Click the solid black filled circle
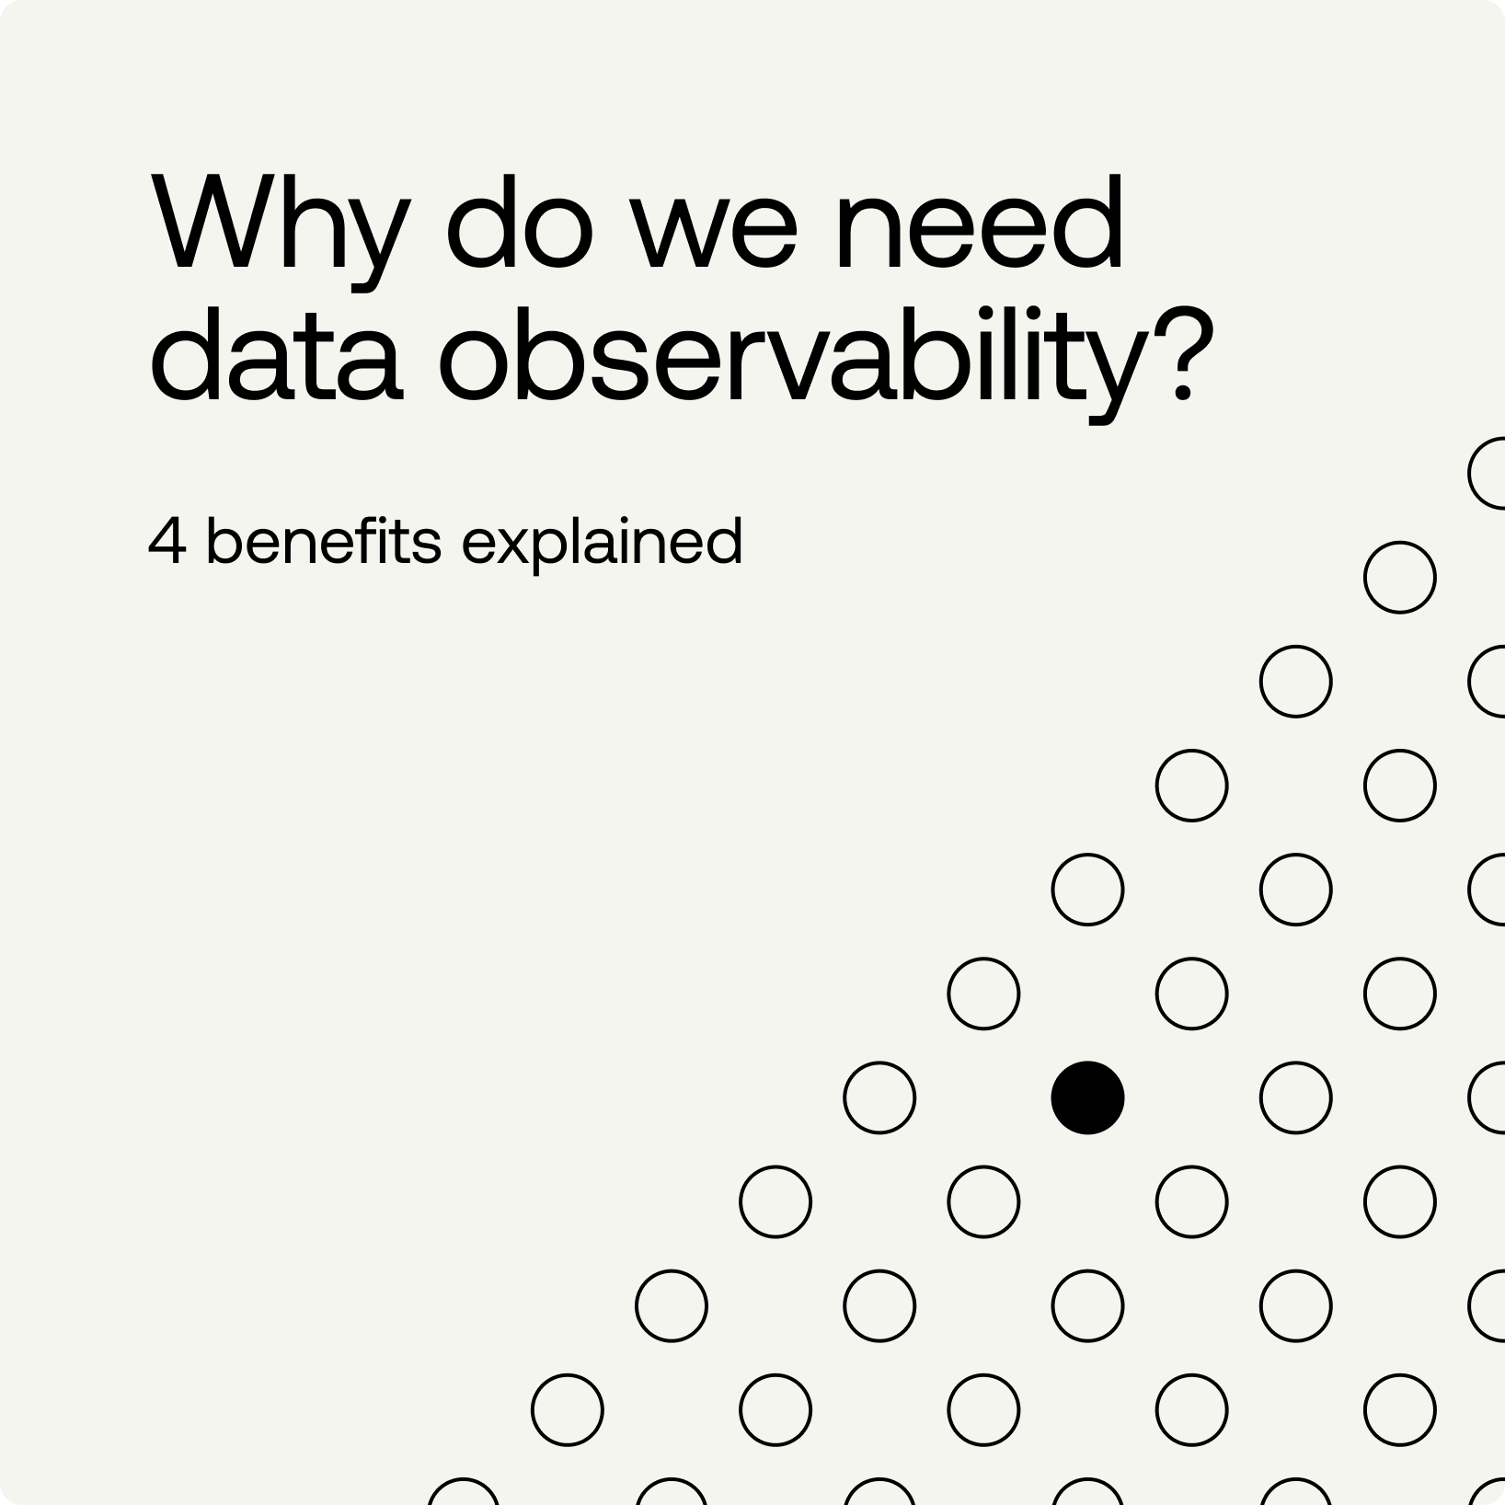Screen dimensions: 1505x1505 [x=1087, y=1097]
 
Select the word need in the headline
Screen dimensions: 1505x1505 [x=979, y=223]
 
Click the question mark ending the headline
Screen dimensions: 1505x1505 [x=1182, y=355]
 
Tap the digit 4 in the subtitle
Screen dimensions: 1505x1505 [x=167, y=540]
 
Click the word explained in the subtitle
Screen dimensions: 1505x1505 [x=602, y=543]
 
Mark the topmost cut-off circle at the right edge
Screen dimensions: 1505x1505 [x=1470, y=474]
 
